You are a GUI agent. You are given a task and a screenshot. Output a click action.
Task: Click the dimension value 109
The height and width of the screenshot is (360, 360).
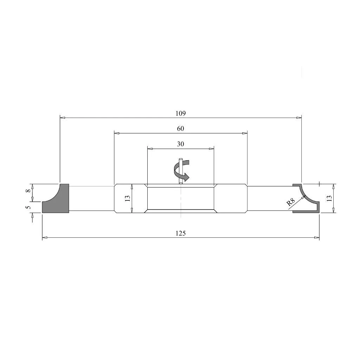pos(180,114)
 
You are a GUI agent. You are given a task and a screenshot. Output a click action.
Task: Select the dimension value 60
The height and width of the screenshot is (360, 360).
pos(180,129)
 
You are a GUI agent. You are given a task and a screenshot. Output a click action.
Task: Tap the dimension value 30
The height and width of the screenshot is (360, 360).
pos(180,144)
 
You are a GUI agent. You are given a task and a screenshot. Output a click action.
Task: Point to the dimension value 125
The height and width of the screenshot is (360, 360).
pos(180,233)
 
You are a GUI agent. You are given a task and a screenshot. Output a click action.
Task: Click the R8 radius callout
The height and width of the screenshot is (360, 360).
pos(290,202)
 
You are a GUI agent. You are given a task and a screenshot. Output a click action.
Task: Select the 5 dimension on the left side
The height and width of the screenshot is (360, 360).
pos(28,207)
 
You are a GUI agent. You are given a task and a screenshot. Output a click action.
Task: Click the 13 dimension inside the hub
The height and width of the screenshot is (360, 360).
pos(128,198)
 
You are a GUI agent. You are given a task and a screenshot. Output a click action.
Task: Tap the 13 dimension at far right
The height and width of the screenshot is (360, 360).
pos(329,198)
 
